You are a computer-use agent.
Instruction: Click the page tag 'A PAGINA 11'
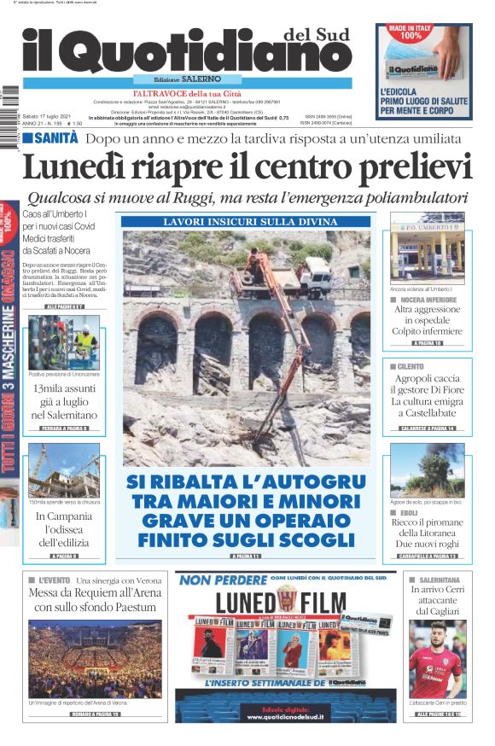click(245, 556)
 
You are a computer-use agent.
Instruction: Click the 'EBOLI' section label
click(409, 513)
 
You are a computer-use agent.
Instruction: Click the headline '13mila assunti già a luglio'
click(66, 401)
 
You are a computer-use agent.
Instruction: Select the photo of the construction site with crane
click(65, 469)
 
